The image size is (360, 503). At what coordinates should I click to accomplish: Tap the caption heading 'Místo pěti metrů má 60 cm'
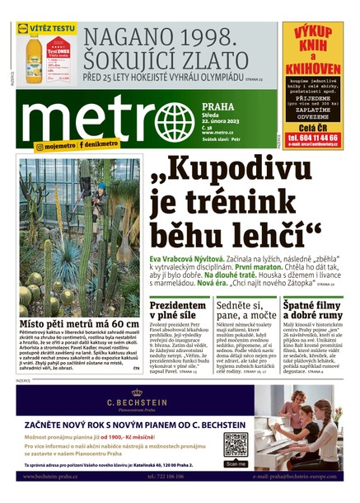(80, 323)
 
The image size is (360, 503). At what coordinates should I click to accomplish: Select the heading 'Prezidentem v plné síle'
(178, 311)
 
